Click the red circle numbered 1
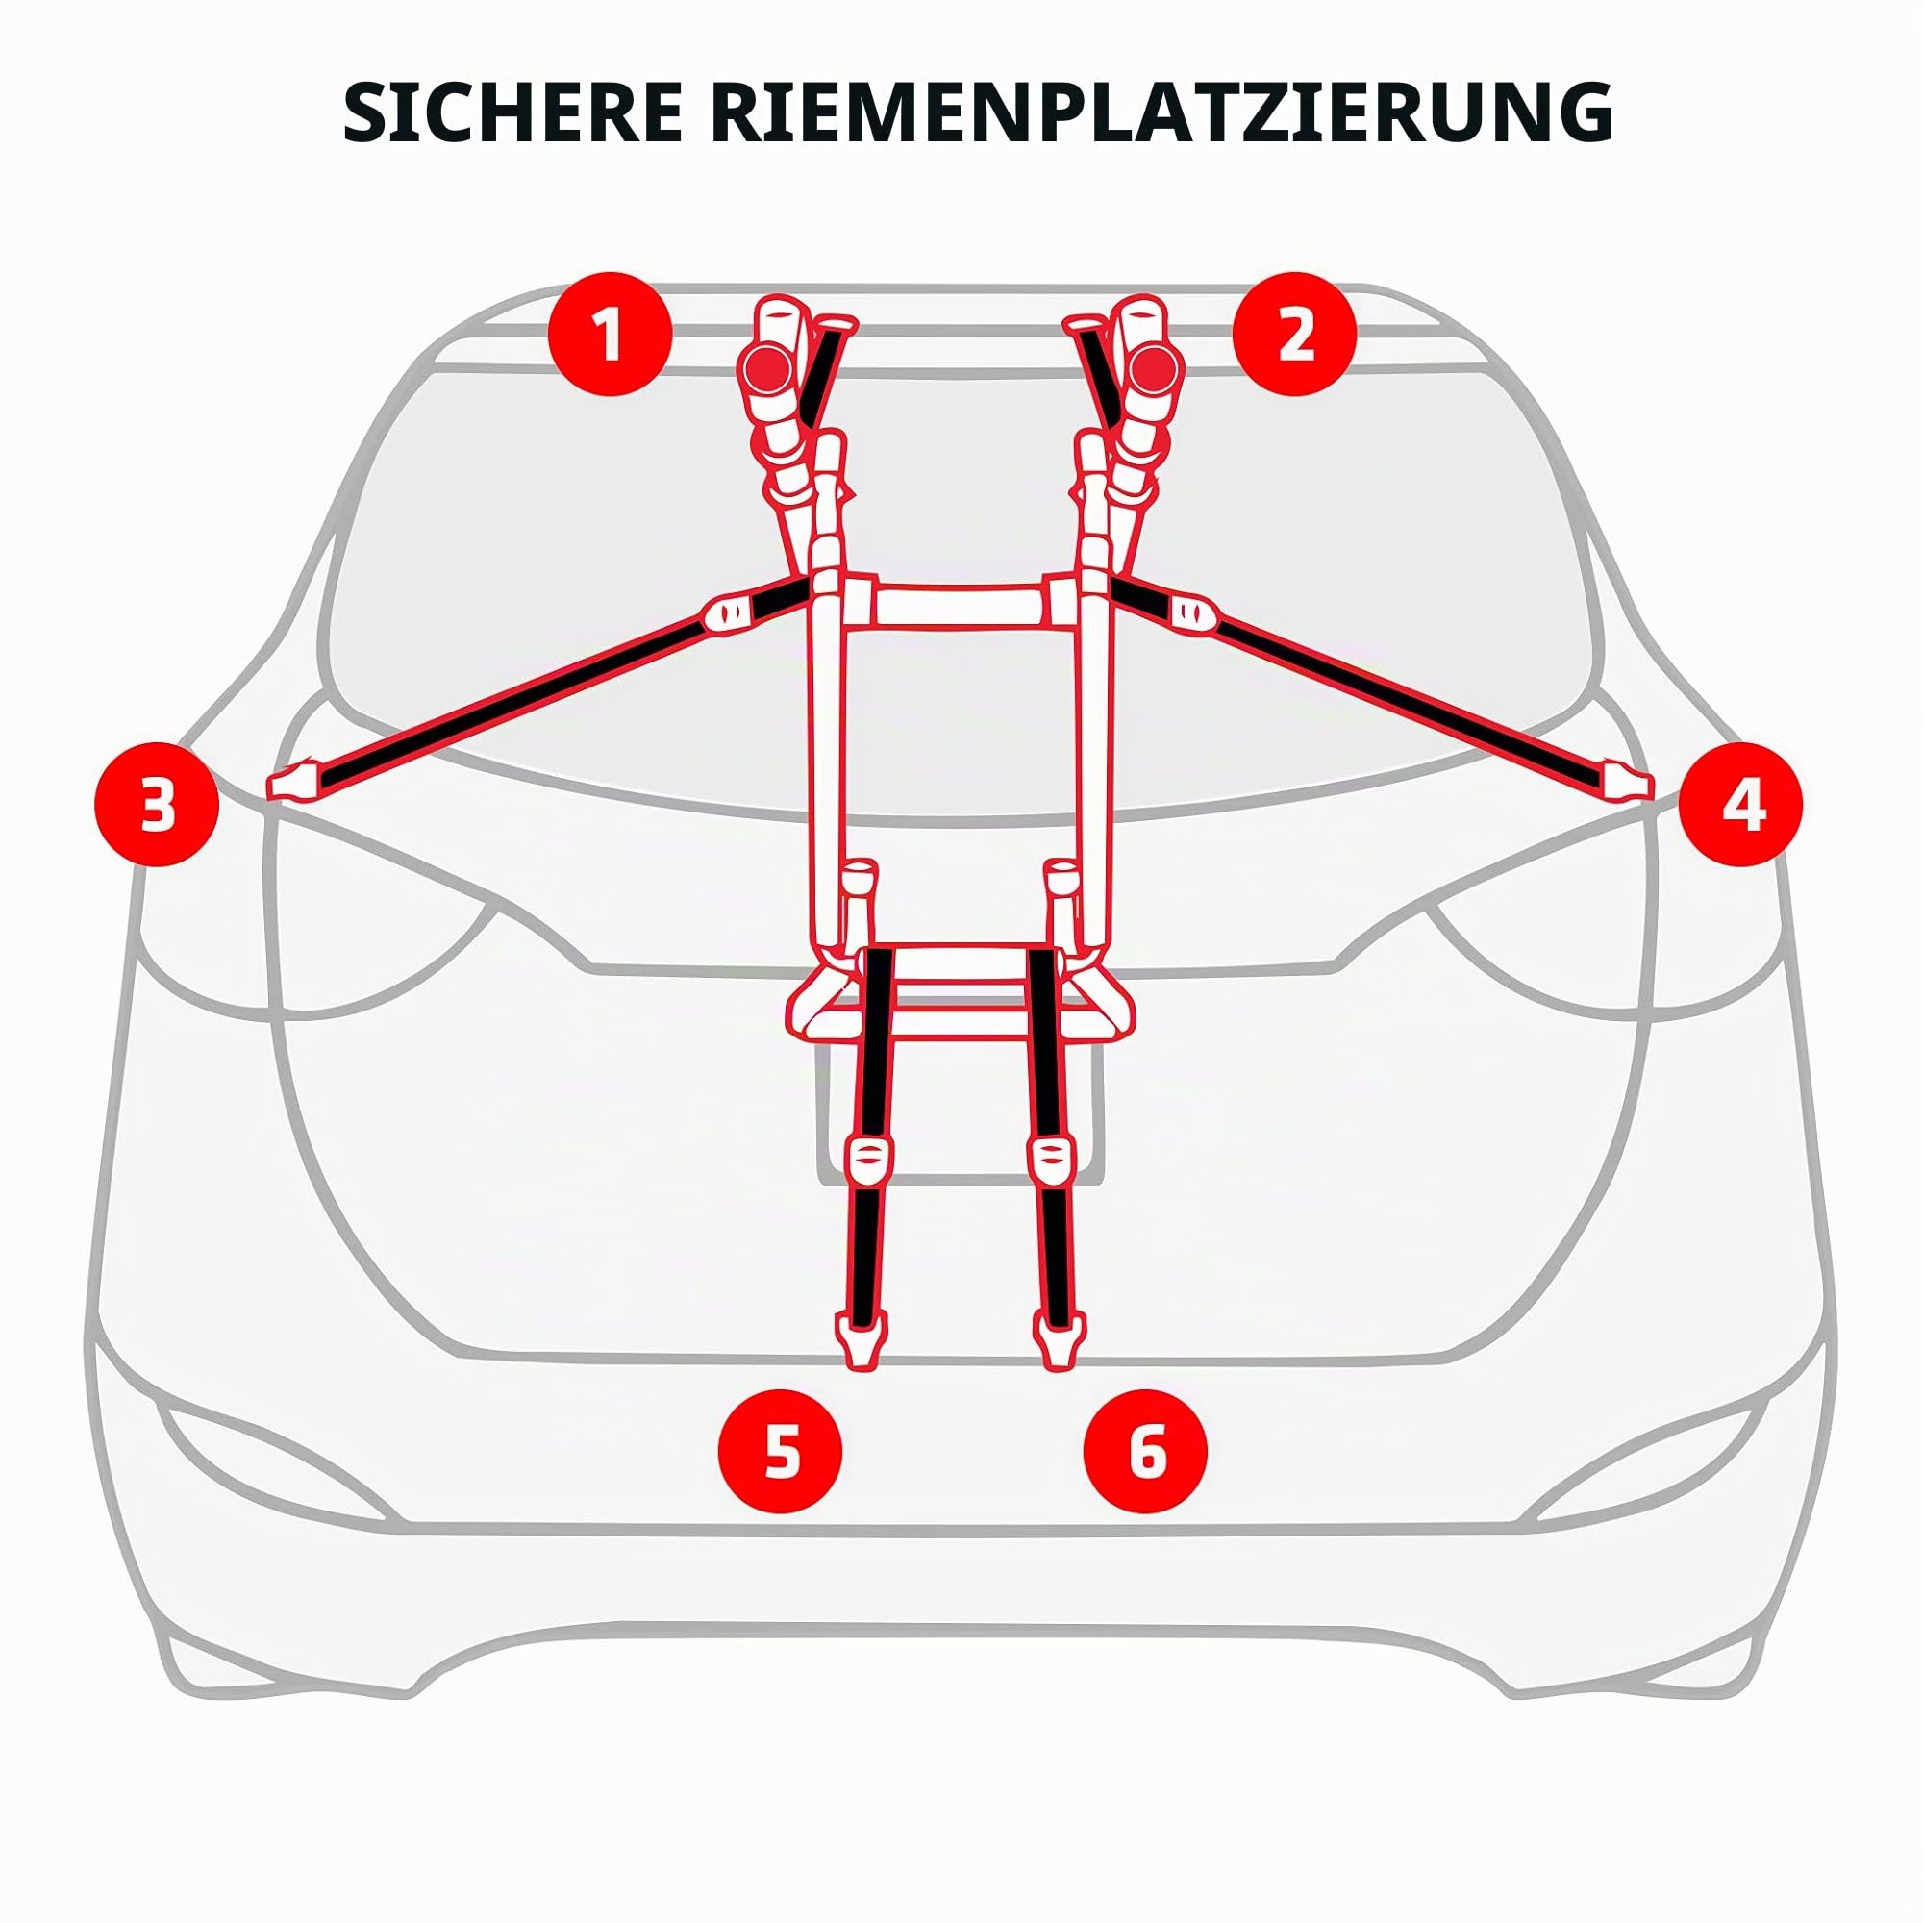tap(612, 335)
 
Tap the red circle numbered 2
tap(1295, 335)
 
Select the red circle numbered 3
tap(157, 804)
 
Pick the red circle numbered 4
tap(1741, 804)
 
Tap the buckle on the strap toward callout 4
tap(1191, 612)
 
